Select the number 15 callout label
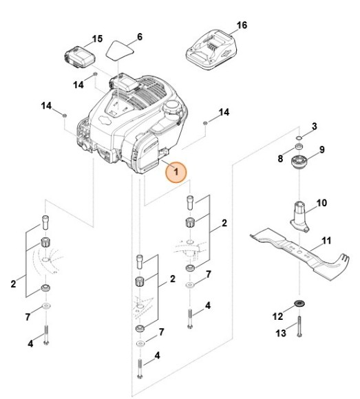click(x=97, y=38)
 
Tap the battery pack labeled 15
click(x=78, y=55)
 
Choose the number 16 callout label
click(x=242, y=25)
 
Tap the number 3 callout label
click(x=315, y=126)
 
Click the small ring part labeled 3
click(x=298, y=137)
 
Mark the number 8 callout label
click(x=280, y=158)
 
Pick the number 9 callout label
click(x=321, y=149)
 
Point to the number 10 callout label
click(x=321, y=203)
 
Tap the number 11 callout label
click(x=326, y=241)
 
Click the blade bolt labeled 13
click(x=300, y=330)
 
